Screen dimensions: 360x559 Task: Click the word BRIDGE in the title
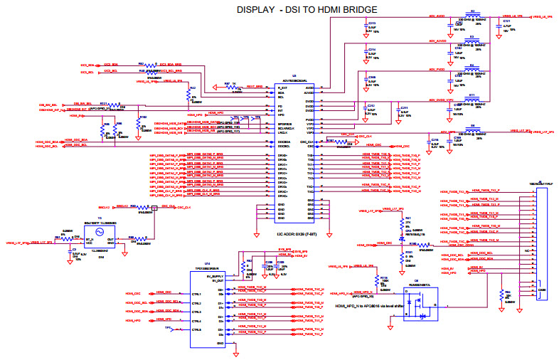[353, 9]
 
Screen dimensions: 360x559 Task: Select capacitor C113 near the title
[371, 23]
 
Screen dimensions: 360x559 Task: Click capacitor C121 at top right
[507, 23]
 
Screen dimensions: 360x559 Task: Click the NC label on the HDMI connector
[526, 250]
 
